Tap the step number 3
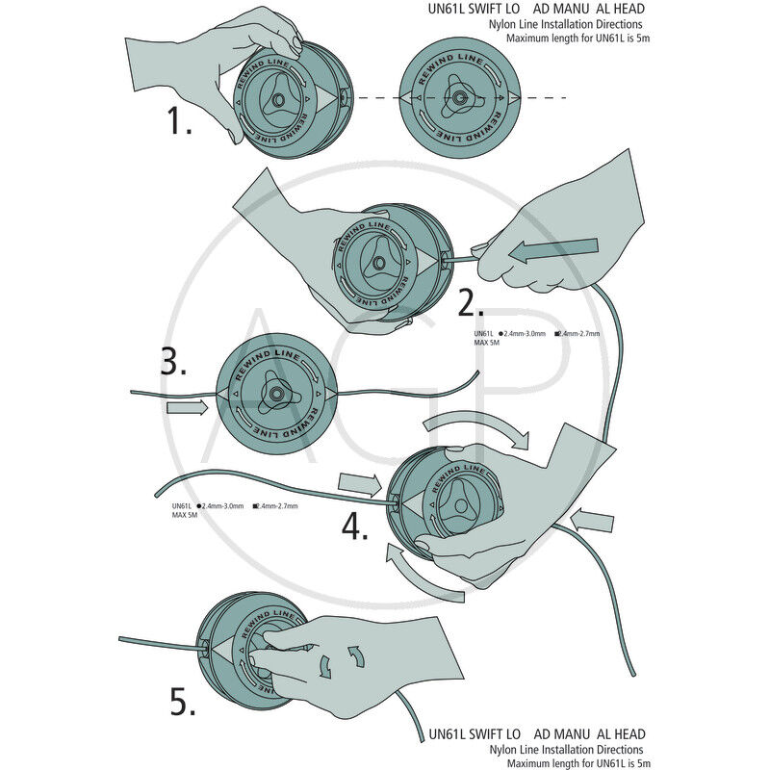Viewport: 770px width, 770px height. pyautogui.click(x=173, y=363)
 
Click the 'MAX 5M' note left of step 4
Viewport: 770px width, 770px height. pyautogui.click(x=186, y=515)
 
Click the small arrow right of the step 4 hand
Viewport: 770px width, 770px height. pyautogui.click(x=592, y=522)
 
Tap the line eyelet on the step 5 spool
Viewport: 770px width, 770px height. pyautogui.click(x=203, y=646)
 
